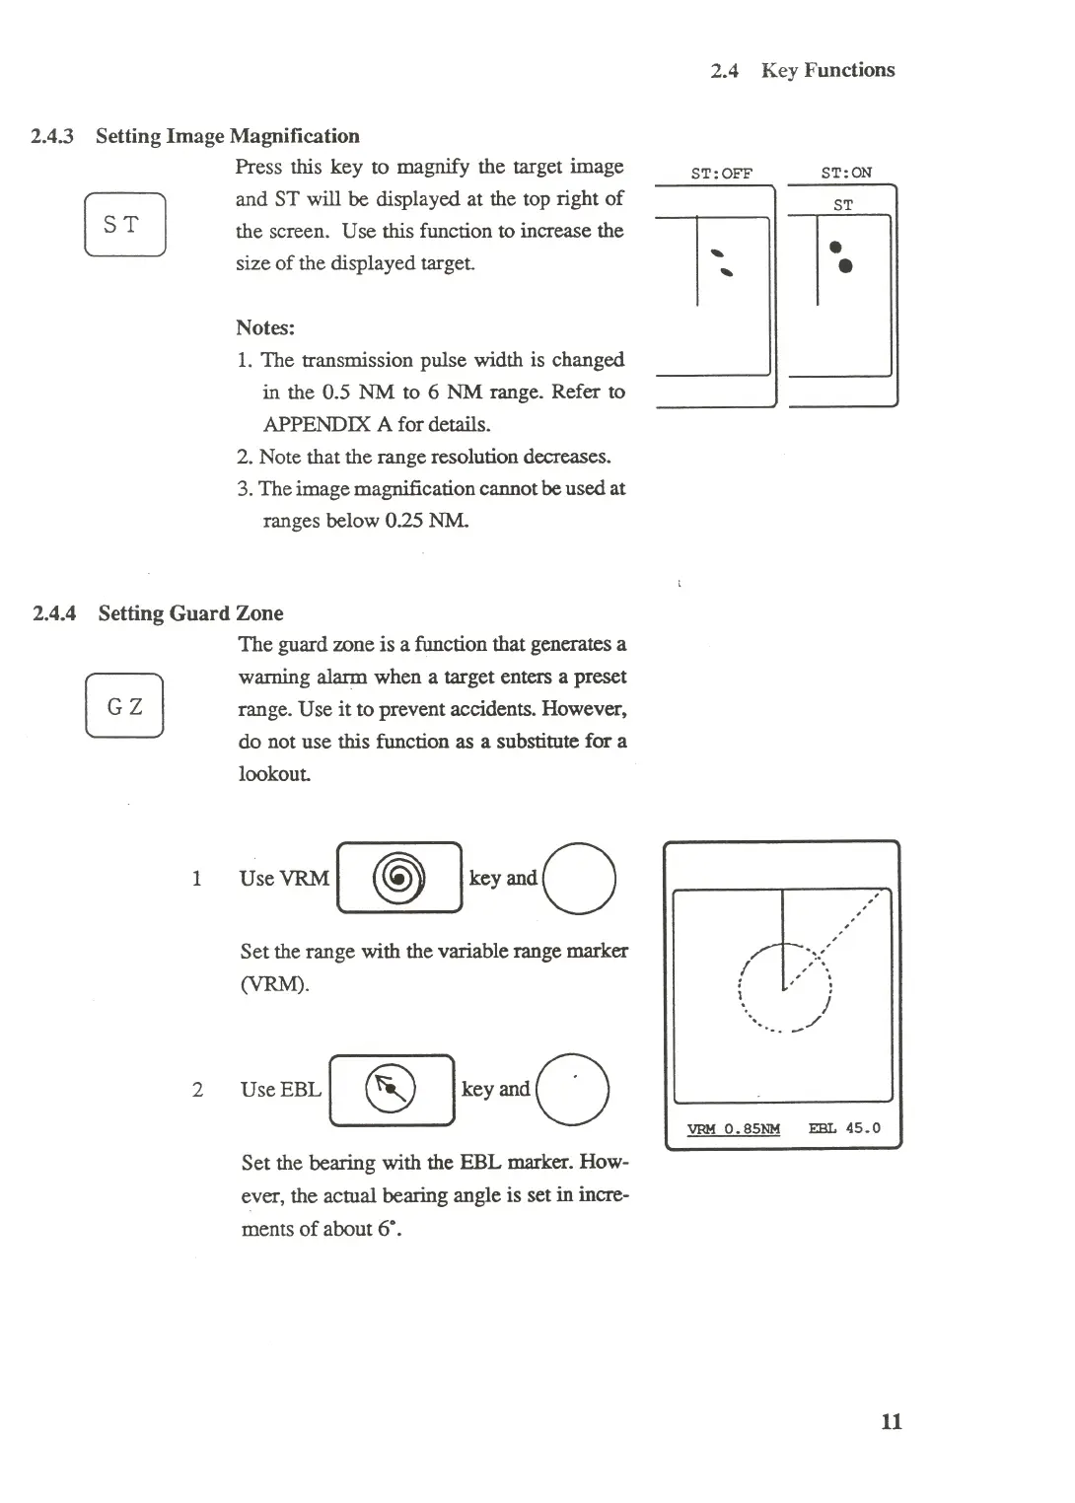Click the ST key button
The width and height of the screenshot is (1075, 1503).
click(124, 225)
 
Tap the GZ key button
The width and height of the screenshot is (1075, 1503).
click(124, 706)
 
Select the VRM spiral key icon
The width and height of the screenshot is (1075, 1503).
click(399, 877)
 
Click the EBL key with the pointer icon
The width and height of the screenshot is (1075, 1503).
click(392, 1090)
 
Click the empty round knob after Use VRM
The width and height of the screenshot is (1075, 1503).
click(579, 879)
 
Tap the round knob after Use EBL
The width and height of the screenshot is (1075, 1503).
click(572, 1090)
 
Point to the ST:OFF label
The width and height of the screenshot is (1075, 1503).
click(721, 174)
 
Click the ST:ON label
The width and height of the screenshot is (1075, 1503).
click(845, 173)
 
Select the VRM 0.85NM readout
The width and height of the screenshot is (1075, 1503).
click(733, 1129)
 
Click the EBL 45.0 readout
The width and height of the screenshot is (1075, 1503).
click(844, 1128)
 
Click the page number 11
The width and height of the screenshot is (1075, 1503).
click(891, 1421)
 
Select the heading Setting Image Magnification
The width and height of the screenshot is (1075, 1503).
click(227, 136)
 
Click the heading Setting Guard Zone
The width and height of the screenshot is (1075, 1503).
click(190, 613)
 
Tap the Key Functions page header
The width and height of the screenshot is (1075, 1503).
click(827, 70)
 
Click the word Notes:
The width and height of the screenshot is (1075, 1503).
click(265, 327)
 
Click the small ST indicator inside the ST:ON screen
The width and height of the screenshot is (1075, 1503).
click(842, 205)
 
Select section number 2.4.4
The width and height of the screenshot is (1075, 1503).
click(54, 613)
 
